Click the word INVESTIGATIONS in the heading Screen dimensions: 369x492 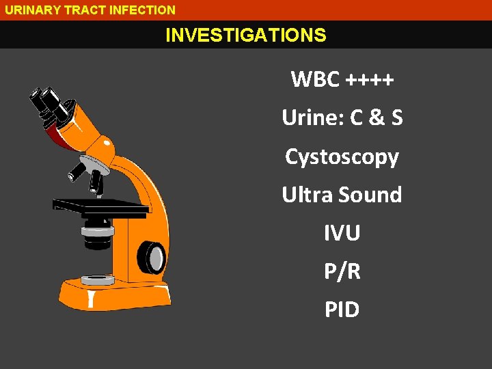coord(246,35)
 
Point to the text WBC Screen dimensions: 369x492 coord(315,80)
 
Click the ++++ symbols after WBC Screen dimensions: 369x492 coord(370,80)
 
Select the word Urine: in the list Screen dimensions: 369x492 coord(313,118)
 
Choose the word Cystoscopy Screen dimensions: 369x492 coord(342,157)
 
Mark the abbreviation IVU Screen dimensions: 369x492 coord(342,233)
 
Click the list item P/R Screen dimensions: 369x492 coord(342,271)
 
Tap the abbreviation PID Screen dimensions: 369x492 coord(342,310)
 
